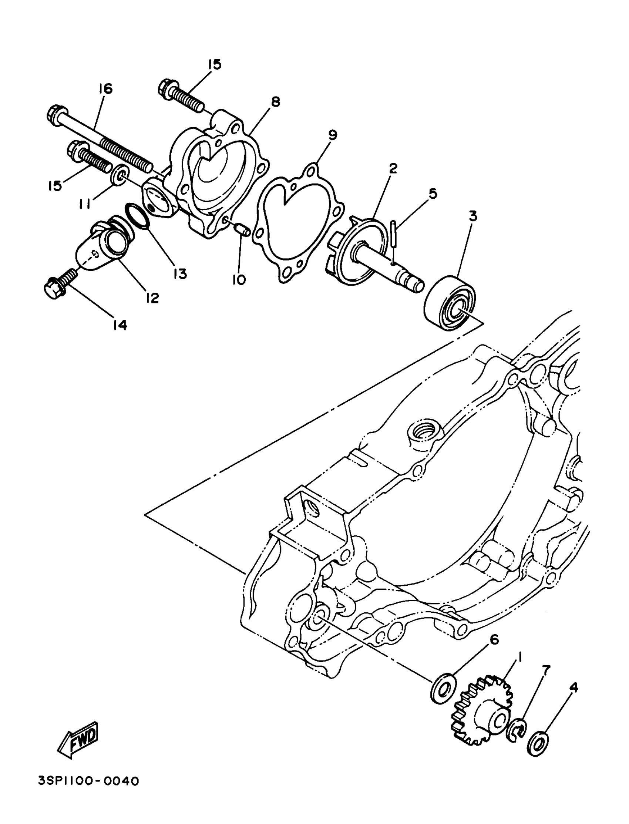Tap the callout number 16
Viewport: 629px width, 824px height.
click(x=105, y=89)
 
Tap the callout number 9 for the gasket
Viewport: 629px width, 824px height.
click(x=333, y=135)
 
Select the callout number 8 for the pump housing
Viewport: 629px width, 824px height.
click(x=275, y=102)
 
